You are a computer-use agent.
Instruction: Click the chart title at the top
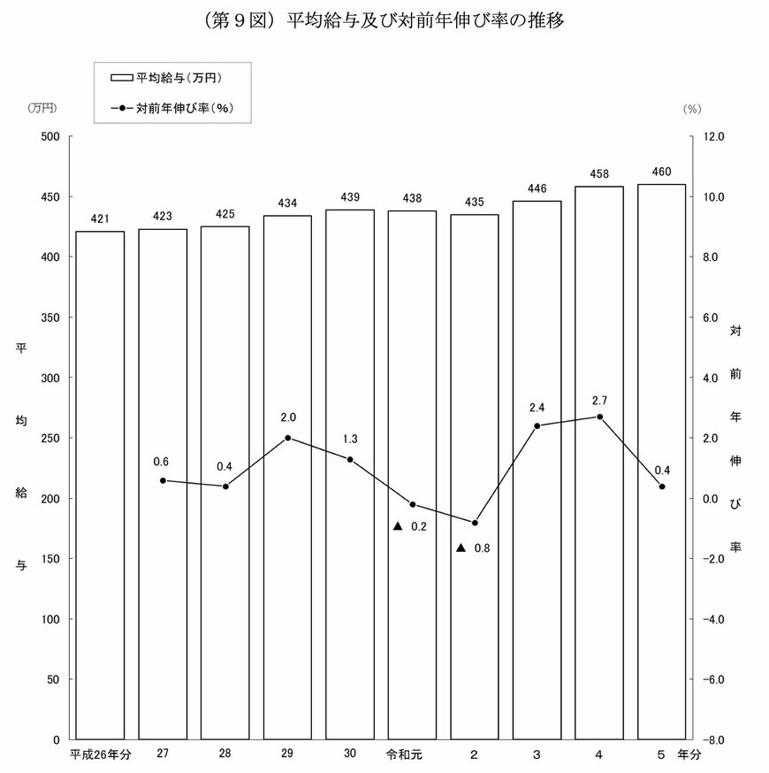[384, 19]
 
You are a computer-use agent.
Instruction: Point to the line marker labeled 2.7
[599, 417]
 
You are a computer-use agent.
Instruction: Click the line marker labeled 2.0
[287, 438]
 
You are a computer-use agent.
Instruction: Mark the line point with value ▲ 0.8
[475, 523]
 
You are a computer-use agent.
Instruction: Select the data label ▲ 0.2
[410, 526]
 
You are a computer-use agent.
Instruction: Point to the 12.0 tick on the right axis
[713, 136]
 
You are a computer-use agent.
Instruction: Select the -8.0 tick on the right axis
[712, 739]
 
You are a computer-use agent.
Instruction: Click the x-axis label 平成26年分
[100, 755]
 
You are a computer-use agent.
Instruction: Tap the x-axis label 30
[350, 755]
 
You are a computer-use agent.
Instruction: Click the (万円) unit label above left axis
[42, 108]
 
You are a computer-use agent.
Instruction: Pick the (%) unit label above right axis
[691, 108]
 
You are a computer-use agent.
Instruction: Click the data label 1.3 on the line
[349, 440]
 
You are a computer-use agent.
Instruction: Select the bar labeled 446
[537, 470]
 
